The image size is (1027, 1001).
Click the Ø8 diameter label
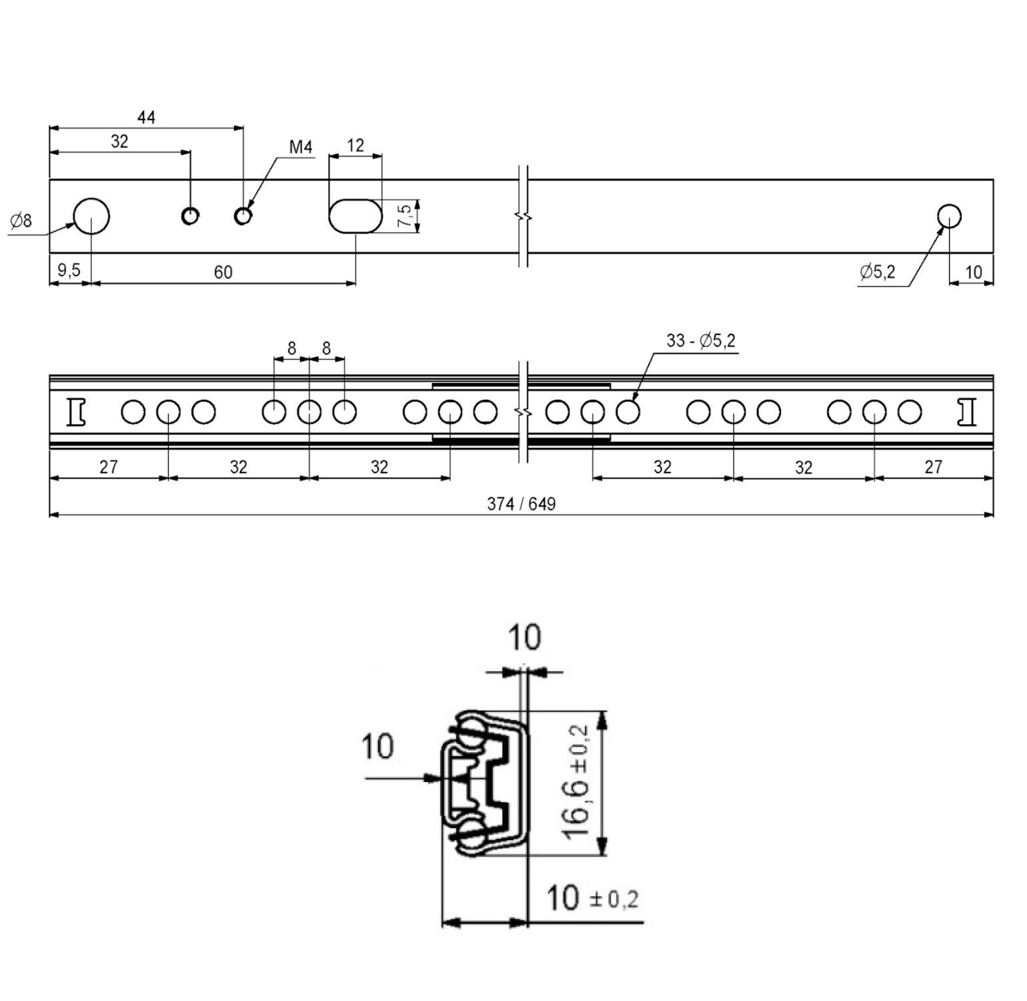click(21, 220)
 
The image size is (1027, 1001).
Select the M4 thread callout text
click(301, 147)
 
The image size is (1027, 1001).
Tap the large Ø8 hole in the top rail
click(91, 216)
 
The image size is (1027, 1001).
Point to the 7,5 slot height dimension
click(404, 216)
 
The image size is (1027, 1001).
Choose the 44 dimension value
click(146, 117)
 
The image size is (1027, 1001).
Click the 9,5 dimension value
click(69, 270)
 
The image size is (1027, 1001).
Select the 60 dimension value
click(223, 272)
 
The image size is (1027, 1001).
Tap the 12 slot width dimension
click(355, 145)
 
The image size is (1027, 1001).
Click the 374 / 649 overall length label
click(521, 504)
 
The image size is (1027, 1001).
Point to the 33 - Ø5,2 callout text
click(700, 340)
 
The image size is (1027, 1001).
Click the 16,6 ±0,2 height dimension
click(575, 782)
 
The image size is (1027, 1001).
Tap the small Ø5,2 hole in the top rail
click(948, 216)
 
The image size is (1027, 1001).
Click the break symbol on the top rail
click(524, 216)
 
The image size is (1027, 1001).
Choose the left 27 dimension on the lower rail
click(109, 466)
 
